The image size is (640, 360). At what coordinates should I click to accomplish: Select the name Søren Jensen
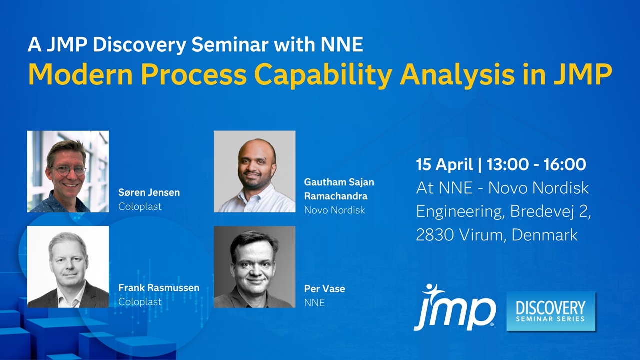point(149,192)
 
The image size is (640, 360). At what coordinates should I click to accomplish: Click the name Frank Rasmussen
point(159,287)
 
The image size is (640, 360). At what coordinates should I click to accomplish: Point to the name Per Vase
point(325,289)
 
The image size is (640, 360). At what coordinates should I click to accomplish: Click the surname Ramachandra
point(336,196)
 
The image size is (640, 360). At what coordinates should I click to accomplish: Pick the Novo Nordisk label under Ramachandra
point(335,210)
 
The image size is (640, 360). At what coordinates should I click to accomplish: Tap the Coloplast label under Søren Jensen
point(140,206)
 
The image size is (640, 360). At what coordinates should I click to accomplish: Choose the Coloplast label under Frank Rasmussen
point(140,301)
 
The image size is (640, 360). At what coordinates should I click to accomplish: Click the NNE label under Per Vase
point(314,303)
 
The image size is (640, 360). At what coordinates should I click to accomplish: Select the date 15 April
point(444,165)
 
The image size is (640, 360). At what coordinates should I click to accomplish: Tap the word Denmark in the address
point(545,235)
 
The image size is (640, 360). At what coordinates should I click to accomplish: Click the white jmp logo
point(455,308)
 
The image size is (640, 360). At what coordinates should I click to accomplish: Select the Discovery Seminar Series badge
point(551,311)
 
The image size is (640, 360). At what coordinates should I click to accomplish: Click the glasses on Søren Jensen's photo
point(68,171)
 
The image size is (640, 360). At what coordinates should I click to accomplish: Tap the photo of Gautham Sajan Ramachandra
point(255,171)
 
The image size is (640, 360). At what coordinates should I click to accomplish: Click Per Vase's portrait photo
point(255,267)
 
